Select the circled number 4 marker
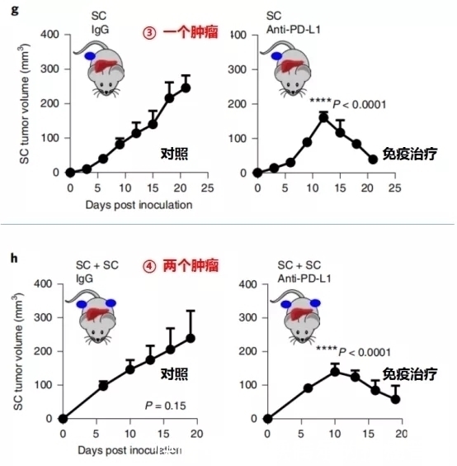[x=149, y=265]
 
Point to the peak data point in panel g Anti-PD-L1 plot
[x=324, y=116]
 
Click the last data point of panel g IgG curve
[x=186, y=88]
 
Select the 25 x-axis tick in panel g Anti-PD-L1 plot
[x=395, y=188]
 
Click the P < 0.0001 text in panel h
[x=346, y=349]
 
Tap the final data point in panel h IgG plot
[x=191, y=338]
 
